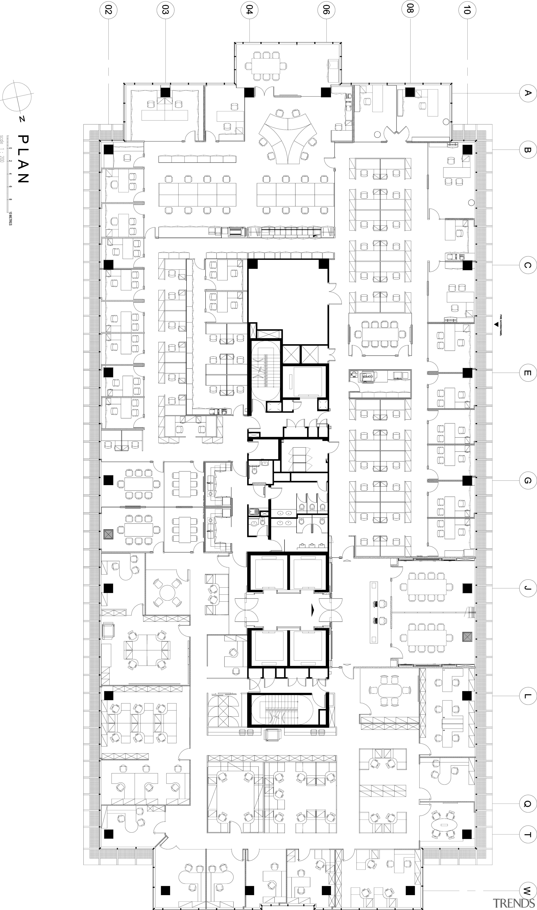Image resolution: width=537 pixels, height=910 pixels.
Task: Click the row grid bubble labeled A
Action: coord(527,93)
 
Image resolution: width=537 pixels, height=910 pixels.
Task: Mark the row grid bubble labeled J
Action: coord(527,588)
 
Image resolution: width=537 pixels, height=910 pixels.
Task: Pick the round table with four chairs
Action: coord(167,593)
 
